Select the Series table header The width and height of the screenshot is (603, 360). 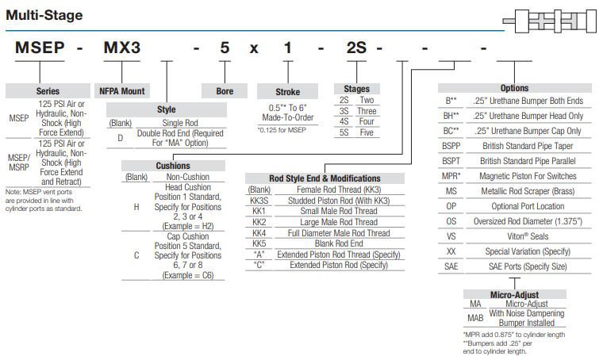pyautogui.click(x=48, y=91)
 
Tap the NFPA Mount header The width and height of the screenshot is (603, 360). pyautogui.click(x=121, y=91)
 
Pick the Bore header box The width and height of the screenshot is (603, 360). pyautogui.click(x=225, y=91)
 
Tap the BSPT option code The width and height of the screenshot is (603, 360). pyautogui.click(x=451, y=159)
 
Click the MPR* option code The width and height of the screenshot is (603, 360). pyautogui.click(x=451, y=174)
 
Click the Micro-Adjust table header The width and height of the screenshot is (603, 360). pyautogui.click(x=515, y=294)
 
